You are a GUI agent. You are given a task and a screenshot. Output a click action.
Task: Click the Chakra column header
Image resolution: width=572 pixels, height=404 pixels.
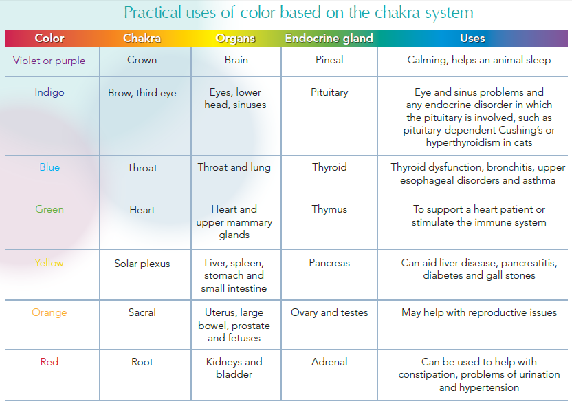142,38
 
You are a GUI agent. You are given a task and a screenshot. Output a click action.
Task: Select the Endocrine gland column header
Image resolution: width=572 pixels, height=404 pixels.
329,38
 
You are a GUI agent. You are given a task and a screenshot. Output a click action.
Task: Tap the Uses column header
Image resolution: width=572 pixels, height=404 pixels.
472,38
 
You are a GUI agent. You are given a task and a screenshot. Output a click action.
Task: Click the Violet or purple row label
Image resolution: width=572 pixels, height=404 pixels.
49,61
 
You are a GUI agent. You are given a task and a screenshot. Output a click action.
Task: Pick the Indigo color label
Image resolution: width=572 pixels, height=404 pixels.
49,92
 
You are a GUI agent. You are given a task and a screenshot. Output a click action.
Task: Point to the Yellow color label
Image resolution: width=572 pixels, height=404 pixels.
49,263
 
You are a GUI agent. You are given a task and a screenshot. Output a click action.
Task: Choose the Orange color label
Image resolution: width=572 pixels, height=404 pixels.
49,312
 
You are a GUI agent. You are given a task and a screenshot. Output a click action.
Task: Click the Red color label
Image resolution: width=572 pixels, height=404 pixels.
49,362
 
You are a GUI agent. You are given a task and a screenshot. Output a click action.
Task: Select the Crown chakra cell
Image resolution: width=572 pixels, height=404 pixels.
142,60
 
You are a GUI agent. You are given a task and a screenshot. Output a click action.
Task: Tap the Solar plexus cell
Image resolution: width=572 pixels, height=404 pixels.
142,264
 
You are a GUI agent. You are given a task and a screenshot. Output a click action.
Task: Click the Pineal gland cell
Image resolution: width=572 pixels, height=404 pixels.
329,60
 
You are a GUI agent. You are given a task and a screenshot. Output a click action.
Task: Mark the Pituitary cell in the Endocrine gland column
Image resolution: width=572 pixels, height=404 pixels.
329,92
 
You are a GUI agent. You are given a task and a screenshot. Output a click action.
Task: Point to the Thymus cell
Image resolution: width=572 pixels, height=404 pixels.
329,210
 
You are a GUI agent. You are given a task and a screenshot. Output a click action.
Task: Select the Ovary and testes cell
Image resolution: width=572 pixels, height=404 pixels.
329,312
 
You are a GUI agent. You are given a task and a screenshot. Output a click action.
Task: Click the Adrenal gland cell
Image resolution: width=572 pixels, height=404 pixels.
329,362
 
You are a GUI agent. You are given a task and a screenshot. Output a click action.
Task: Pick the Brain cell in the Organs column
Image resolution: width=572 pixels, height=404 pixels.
236,60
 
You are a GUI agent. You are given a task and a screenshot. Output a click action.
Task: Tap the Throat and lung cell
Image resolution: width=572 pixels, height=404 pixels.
234,167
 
